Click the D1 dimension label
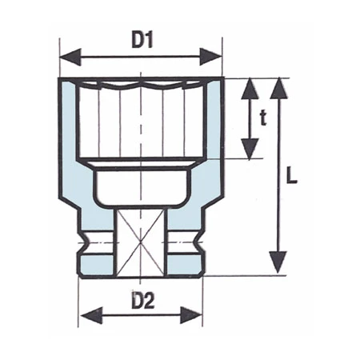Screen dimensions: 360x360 (x=142, y=38)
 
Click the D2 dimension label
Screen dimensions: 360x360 (x=141, y=302)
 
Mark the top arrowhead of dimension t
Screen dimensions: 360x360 (x=250, y=86)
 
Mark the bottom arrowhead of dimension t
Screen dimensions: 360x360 (x=250, y=150)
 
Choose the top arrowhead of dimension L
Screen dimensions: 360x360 (x=278, y=86)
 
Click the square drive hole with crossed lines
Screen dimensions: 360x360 (x=141, y=240)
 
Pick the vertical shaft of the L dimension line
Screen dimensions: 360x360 (x=278, y=208)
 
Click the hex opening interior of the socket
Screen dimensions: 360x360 (x=141, y=120)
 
